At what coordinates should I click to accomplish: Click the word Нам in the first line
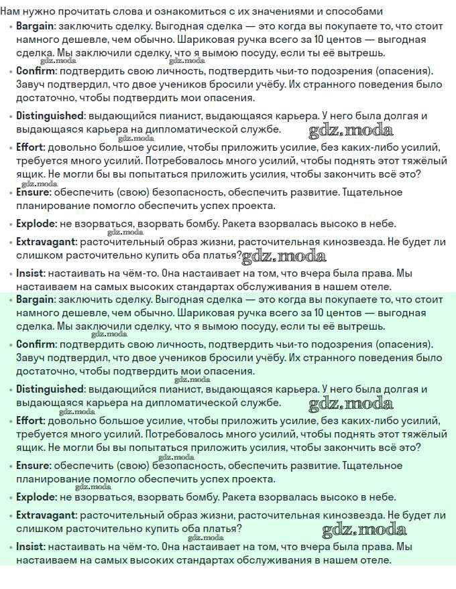coord(10,11)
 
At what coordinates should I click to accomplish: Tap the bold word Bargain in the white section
coord(34,27)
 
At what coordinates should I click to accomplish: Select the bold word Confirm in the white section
coord(34,71)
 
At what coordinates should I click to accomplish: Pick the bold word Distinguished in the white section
coord(50,116)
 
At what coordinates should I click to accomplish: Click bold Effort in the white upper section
coord(30,147)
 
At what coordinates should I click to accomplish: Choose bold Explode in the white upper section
coord(36,224)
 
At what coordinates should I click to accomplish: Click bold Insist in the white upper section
coord(30,273)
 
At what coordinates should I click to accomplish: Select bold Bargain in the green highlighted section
coord(34,300)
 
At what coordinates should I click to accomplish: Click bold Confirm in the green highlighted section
coord(34,344)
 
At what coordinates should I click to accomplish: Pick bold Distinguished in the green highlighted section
coord(50,389)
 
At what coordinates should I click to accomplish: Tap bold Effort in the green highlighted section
coord(30,421)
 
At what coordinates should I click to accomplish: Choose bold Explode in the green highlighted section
coord(36,497)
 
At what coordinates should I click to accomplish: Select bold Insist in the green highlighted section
coord(30,547)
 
